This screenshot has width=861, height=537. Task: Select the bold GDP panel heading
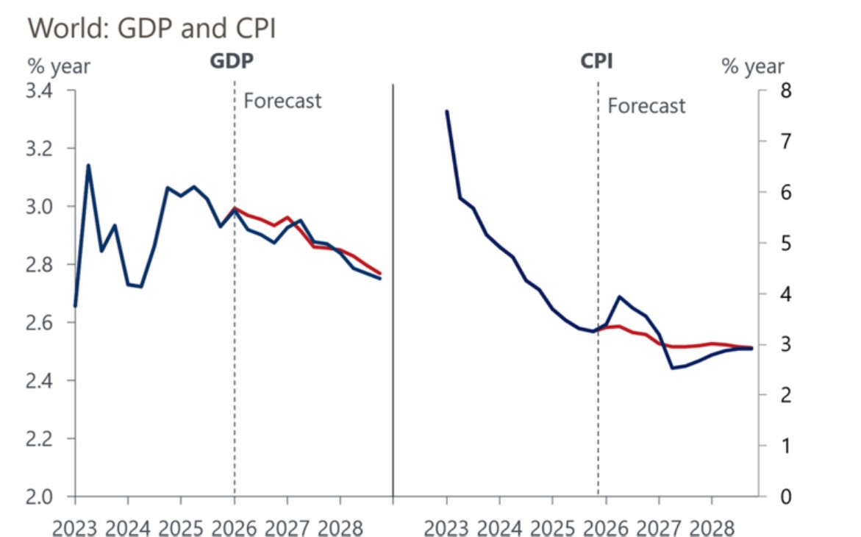coord(232,62)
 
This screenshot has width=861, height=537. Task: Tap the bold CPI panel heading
coord(596,62)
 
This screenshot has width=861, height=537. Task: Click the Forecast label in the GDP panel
coord(282,100)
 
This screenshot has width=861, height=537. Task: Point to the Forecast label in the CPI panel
coord(646,106)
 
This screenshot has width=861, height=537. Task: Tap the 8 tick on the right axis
coord(775,91)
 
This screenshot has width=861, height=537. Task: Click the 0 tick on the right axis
coord(775,497)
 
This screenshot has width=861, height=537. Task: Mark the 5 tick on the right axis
coord(775,243)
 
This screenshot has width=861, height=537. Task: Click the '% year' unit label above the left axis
coord(59,66)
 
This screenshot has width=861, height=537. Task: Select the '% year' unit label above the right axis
coord(752,67)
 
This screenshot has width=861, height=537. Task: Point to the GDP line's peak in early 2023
coord(88,166)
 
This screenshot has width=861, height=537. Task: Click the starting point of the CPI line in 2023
coord(446,111)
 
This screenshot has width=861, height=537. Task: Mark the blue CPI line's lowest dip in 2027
coord(672,368)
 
